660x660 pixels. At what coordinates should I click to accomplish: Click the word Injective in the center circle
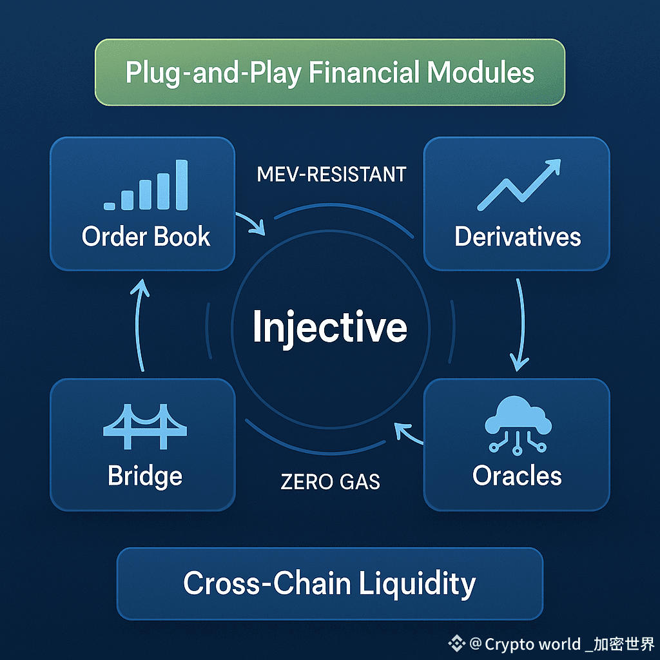pos(329,327)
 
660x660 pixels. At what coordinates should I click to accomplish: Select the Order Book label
pos(146,237)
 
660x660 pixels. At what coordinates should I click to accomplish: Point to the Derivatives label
pos(518,237)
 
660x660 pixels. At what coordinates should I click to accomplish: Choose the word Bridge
pos(145,476)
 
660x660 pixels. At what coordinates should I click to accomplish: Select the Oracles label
pos(517,476)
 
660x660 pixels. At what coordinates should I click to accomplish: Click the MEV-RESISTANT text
pos(331,174)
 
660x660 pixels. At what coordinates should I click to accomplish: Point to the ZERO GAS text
pos(330,481)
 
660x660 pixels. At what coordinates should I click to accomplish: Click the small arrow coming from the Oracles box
pos(409,433)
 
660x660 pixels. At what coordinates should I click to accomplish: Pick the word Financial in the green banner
pos(363,72)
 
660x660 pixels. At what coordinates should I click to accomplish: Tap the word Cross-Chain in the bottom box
pos(266,583)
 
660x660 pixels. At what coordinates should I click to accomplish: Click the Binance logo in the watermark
pos(458,643)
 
